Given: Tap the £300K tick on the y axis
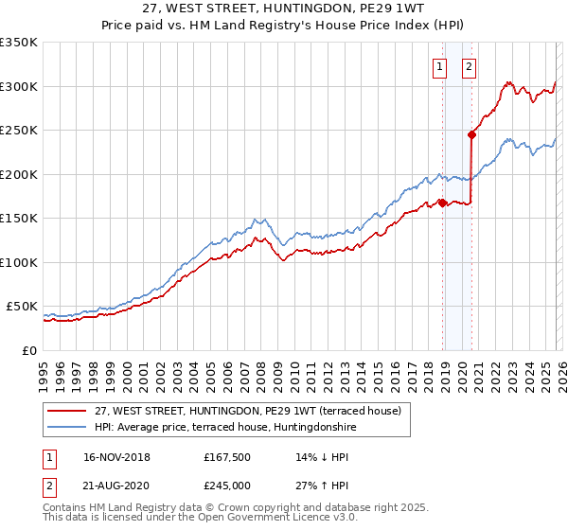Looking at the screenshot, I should point(19,86).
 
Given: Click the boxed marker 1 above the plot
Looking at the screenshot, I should point(441,66).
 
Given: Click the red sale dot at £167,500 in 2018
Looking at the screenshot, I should point(442,203).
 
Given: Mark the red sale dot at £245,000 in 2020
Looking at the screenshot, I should point(471,134).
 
